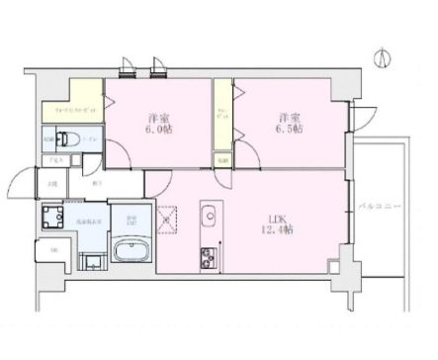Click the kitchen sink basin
(209, 215)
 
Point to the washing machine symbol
(51, 217)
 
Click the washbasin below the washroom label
(91, 261)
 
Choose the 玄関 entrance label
(51, 180)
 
